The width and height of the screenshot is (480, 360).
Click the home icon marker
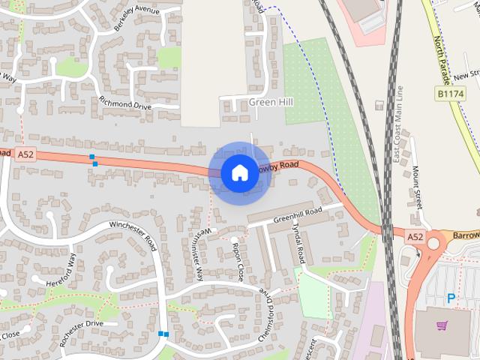(238, 173)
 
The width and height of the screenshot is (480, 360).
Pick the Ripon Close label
(238, 261)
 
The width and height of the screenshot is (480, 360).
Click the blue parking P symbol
(451, 298)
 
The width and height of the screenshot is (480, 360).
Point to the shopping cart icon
(443, 325)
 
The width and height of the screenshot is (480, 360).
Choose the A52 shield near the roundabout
(415, 237)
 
